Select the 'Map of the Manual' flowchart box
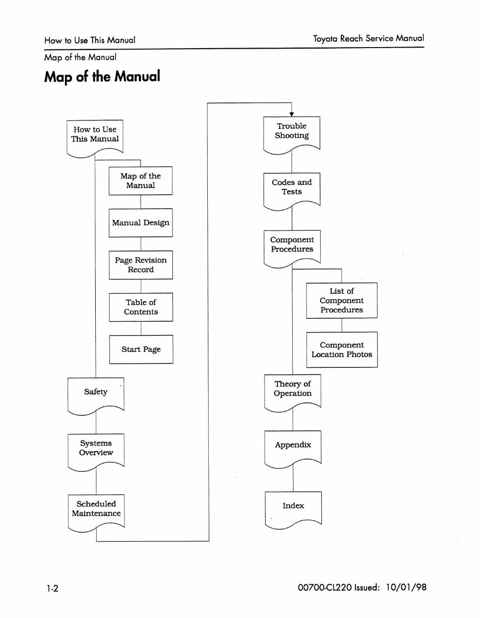coord(141,181)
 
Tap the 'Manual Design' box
coord(141,223)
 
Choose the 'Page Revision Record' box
coord(141,265)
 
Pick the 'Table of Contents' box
coord(141,307)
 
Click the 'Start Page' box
coord(141,349)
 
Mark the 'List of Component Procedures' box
coord(342,300)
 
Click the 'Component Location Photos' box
coord(342,349)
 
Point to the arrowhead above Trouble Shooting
coord(292,114)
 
